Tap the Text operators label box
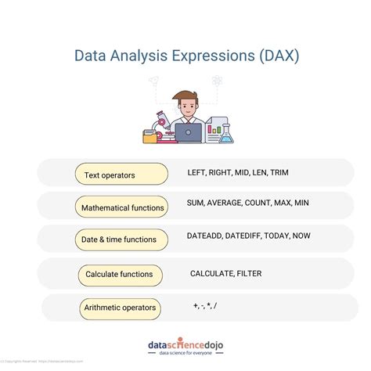click(x=121, y=175)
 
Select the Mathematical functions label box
click(x=122, y=207)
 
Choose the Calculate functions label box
click(x=120, y=275)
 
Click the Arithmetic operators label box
click(x=120, y=308)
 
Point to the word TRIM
click(x=279, y=171)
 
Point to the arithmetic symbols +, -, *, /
click(x=204, y=304)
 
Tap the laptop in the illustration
click(x=188, y=133)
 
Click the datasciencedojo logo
click(x=185, y=346)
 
